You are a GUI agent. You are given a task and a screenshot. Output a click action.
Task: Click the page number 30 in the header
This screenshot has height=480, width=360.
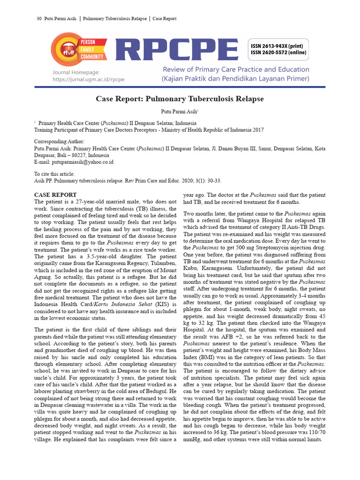click(x=39, y=19)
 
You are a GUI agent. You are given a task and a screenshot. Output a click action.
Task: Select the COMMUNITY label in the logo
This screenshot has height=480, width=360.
click(x=92, y=57)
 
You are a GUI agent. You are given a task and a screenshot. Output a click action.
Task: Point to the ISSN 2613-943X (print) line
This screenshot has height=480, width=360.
click(x=278, y=46)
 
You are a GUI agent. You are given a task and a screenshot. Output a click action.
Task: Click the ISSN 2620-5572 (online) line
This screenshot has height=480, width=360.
click(x=278, y=52)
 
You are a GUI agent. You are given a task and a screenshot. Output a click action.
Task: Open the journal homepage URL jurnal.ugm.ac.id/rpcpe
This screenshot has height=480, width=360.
click(x=89, y=79)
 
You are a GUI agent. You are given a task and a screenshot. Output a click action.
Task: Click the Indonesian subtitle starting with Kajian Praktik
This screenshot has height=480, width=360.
click(x=236, y=79)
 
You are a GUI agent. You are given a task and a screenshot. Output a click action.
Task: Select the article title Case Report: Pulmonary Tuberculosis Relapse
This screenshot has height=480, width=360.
click(x=180, y=99)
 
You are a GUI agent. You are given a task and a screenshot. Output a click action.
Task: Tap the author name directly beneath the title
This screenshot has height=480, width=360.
click(x=179, y=111)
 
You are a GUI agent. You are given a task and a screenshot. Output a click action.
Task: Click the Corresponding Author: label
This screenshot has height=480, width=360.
click(x=60, y=142)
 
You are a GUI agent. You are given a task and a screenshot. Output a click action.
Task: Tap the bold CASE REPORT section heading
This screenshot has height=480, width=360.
click(x=56, y=195)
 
